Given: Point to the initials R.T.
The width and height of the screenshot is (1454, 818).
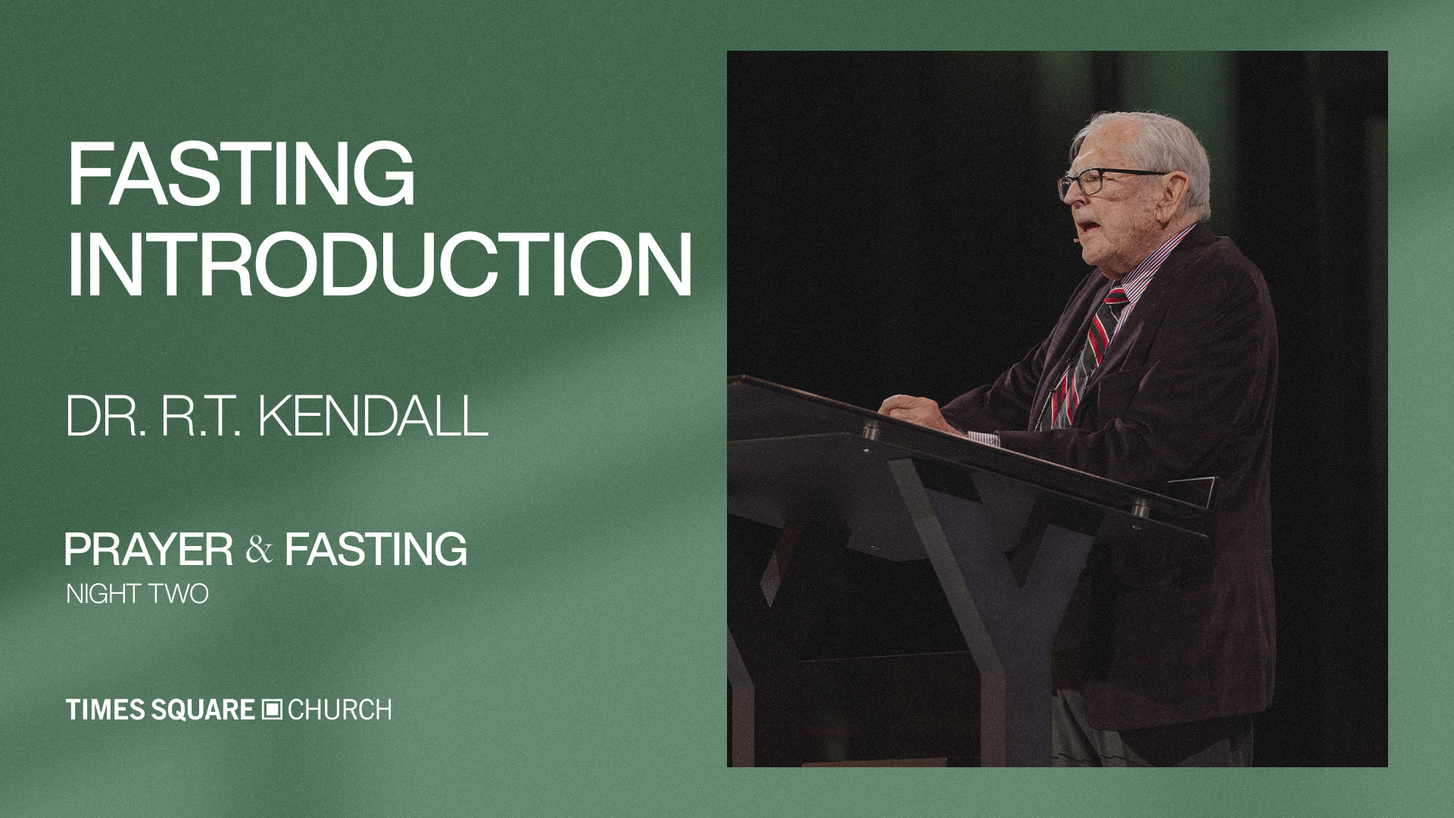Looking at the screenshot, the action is pyautogui.click(x=202, y=416).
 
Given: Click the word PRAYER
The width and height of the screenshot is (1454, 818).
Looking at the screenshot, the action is pyautogui.click(x=149, y=549).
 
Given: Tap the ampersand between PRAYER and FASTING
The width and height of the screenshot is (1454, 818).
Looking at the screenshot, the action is pyautogui.click(x=259, y=551).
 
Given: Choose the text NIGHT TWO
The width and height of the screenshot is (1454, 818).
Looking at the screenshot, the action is pyautogui.click(x=137, y=594).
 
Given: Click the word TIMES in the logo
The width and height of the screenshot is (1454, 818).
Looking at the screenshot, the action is pyautogui.click(x=105, y=710).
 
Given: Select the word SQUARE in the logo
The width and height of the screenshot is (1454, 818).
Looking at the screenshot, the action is pyautogui.click(x=202, y=710).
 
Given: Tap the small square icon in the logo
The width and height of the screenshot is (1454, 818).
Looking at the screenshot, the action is pyautogui.click(x=271, y=710).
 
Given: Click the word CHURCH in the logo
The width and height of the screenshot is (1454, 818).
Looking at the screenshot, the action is pyautogui.click(x=339, y=710).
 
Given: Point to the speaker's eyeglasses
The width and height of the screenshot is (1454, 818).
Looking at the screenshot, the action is pyautogui.click(x=1107, y=181).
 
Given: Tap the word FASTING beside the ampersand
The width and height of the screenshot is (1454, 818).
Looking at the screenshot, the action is pyautogui.click(x=376, y=549).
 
